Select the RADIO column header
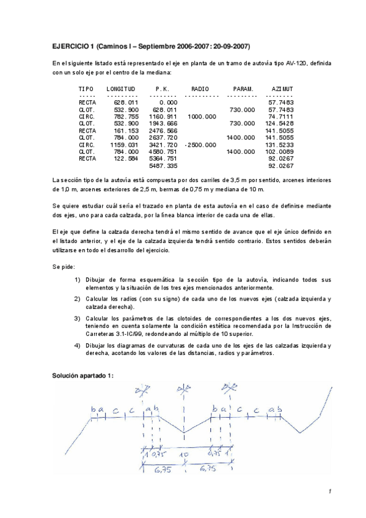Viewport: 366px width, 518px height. point(200,89)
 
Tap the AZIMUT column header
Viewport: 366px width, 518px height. point(282,89)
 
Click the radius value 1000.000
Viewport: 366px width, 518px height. point(202,116)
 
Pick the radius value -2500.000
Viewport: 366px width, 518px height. point(200,145)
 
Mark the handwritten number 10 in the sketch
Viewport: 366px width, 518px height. point(184,455)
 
